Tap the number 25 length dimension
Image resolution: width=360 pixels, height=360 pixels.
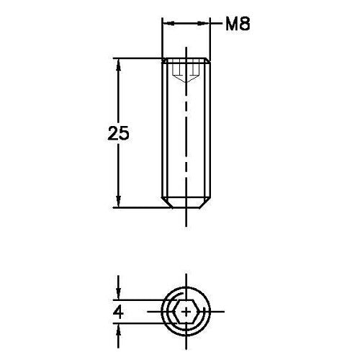[118, 134]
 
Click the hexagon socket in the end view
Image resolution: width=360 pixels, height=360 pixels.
[186, 312]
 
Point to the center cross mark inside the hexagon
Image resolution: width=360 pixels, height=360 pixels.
[187, 312]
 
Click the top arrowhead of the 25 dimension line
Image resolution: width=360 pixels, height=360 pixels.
[118, 63]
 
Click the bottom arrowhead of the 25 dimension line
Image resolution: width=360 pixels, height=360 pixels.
[118, 202]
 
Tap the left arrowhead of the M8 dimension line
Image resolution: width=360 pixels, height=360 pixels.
[167, 24]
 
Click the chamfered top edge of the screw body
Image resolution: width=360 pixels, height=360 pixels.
[186, 59]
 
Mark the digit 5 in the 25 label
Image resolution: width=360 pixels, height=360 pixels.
[125, 134]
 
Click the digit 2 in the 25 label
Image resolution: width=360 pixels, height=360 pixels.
[112, 134]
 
